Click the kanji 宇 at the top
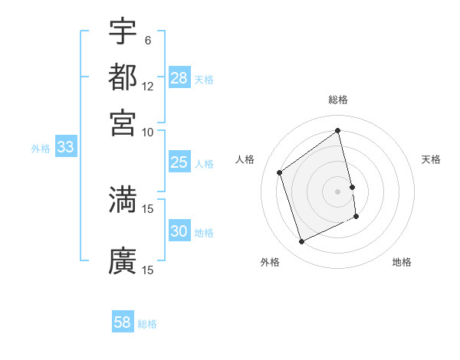tap(123, 32)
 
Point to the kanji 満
tap(123, 198)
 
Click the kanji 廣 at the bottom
tap(123, 260)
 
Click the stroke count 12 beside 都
tap(148, 86)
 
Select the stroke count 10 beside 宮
tap(148, 131)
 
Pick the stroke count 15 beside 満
tap(148, 208)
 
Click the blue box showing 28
tap(179, 78)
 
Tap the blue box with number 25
tap(179, 162)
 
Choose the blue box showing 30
tap(179, 231)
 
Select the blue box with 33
tap(65, 148)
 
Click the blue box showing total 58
tap(123, 323)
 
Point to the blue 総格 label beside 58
tap(147, 324)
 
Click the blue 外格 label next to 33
tap(41, 149)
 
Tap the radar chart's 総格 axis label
tap(338, 100)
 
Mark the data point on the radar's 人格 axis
tap(280, 172)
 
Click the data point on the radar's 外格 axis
tap(301, 242)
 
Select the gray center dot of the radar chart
tap(338, 191)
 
